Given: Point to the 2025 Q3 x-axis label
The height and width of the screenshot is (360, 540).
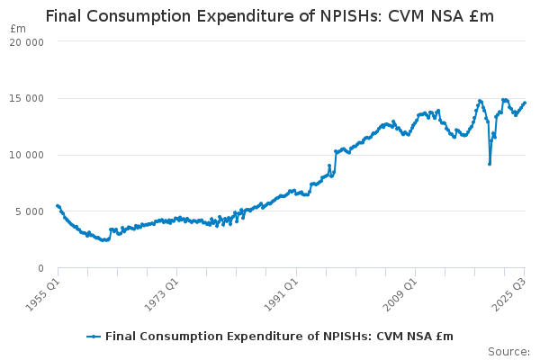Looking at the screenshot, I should tap(510, 292).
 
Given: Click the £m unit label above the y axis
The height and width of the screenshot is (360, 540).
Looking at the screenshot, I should tap(18, 28).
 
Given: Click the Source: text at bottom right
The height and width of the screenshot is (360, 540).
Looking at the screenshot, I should tap(508, 351).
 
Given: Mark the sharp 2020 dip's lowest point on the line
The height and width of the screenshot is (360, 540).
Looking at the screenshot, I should tap(490, 164).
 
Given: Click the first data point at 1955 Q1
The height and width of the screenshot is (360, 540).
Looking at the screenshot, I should tap(58, 206).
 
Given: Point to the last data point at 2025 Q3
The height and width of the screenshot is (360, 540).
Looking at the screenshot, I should tap(525, 103).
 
